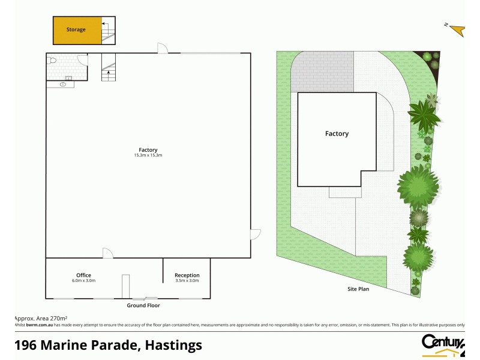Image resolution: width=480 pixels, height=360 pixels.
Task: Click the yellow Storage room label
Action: tap(76, 29)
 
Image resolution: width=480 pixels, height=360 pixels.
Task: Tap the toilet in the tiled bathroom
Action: tap(53, 61)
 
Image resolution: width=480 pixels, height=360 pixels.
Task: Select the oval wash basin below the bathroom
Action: tap(62, 85)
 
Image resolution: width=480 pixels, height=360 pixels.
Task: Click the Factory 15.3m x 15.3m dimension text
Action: tap(148, 155)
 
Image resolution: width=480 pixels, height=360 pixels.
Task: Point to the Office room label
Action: tap(83, 275)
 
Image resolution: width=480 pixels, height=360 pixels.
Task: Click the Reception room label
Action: tap(187, 275)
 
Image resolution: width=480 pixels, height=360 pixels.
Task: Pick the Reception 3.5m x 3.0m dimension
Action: tap(187, 281)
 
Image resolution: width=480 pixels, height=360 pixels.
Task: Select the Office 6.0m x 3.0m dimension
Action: tap(84, 281)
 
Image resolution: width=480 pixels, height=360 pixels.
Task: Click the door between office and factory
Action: tap(107, 253)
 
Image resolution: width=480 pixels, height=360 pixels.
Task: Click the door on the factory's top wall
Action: tap(162, 47)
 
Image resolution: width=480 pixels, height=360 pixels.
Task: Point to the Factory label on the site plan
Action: tap(337, 134)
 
